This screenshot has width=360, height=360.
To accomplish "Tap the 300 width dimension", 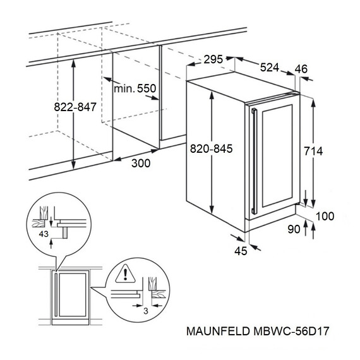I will [142, 164].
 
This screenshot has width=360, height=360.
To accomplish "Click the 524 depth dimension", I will [268, 67].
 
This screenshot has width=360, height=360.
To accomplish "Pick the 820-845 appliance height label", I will [212, 149].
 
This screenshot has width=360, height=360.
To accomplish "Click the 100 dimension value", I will [325, 217].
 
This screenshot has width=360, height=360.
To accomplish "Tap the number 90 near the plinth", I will [293, 229].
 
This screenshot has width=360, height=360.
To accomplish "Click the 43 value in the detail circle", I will [44, 234].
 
